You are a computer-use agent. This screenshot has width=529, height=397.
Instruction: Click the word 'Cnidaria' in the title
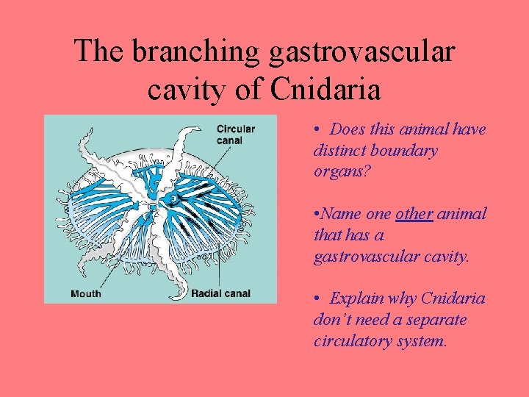coord(325,90)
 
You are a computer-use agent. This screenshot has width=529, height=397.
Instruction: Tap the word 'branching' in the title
coord(189,51)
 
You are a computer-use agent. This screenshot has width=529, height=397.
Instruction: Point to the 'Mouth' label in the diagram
coord(86,294)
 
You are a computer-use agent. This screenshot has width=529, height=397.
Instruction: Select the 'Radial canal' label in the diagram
coord(220,294)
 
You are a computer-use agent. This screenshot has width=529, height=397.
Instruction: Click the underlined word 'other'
coord(413,214)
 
